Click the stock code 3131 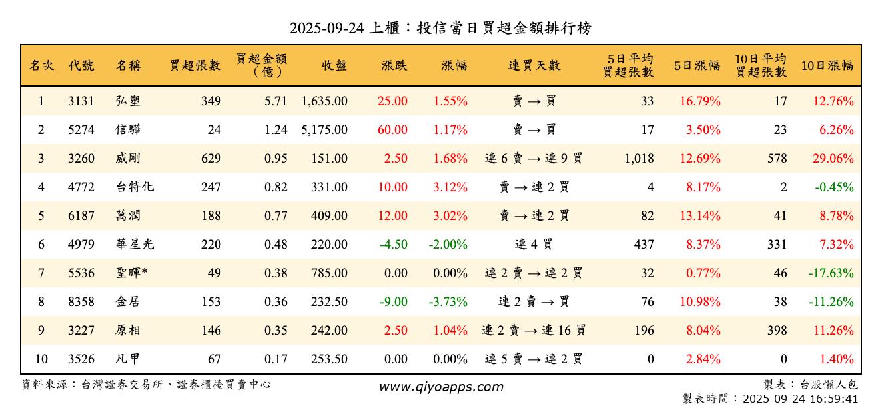click(x=81, y=101)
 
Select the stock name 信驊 click(x=128, y=130)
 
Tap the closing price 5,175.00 click(x=324, y=130)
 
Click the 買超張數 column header click(x=195, y=65)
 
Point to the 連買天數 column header click(x=534, y=65)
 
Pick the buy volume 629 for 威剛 click(x=211, y=159)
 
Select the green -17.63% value click(x=831, y=273)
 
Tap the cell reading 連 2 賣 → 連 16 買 click(x=534, y=331)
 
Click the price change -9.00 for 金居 click(x=393, y=302)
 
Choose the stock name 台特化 click(x=135, y=187)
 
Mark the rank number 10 click(x=41, y=359)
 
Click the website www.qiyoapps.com click(x=441, y=387)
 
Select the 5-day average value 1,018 click(x=638, y=159)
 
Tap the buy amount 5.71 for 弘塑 click(x=276, y=101)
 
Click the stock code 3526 click(x=81, y=359)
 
